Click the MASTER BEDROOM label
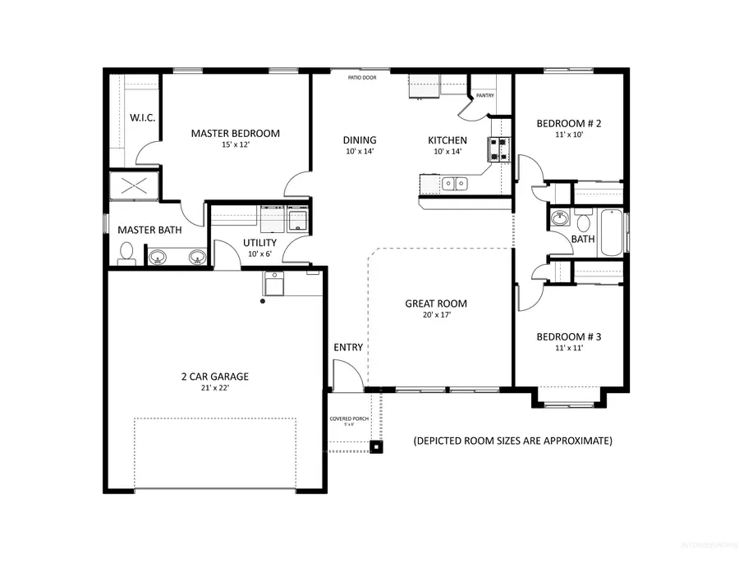[x=235, y=133]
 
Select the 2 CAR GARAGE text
[x=214, y=377]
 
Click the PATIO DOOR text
[x=362, y=77]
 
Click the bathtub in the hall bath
[x=612, y=233]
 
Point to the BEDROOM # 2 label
[x=569, y=124]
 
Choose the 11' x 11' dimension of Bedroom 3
[x=569, y=348]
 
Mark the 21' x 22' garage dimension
[x=214, y=388]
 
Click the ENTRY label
[x=348, y=347]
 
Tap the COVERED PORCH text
[x=349, y=418]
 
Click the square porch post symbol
[x=376, y=447]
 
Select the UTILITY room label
[x=259, y=243]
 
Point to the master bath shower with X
[x=135, y=186]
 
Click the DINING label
[x=360, y=140]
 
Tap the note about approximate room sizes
[x=512, y=441]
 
